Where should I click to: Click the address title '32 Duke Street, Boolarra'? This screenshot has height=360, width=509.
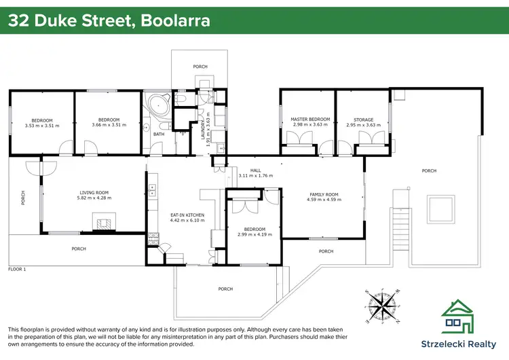tap(109, 20)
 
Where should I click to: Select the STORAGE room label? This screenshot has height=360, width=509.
tap(363, 119)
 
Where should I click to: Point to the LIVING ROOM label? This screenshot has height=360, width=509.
tap(94, 192)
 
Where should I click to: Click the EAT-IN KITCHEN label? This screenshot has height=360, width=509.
tap(187, 215)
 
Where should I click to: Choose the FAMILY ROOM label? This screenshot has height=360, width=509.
tap(323, 194)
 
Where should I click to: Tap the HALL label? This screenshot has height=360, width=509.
tap(255, 170)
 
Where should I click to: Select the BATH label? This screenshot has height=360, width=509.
tap(158, 134)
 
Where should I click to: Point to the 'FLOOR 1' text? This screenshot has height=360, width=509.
tap(17, 270)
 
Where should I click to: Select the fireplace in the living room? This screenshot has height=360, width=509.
tap(104, 221)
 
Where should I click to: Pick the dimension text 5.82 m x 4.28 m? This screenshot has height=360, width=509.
tap(94, 198)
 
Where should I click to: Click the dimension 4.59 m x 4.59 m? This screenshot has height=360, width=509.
tap(323, 200)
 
